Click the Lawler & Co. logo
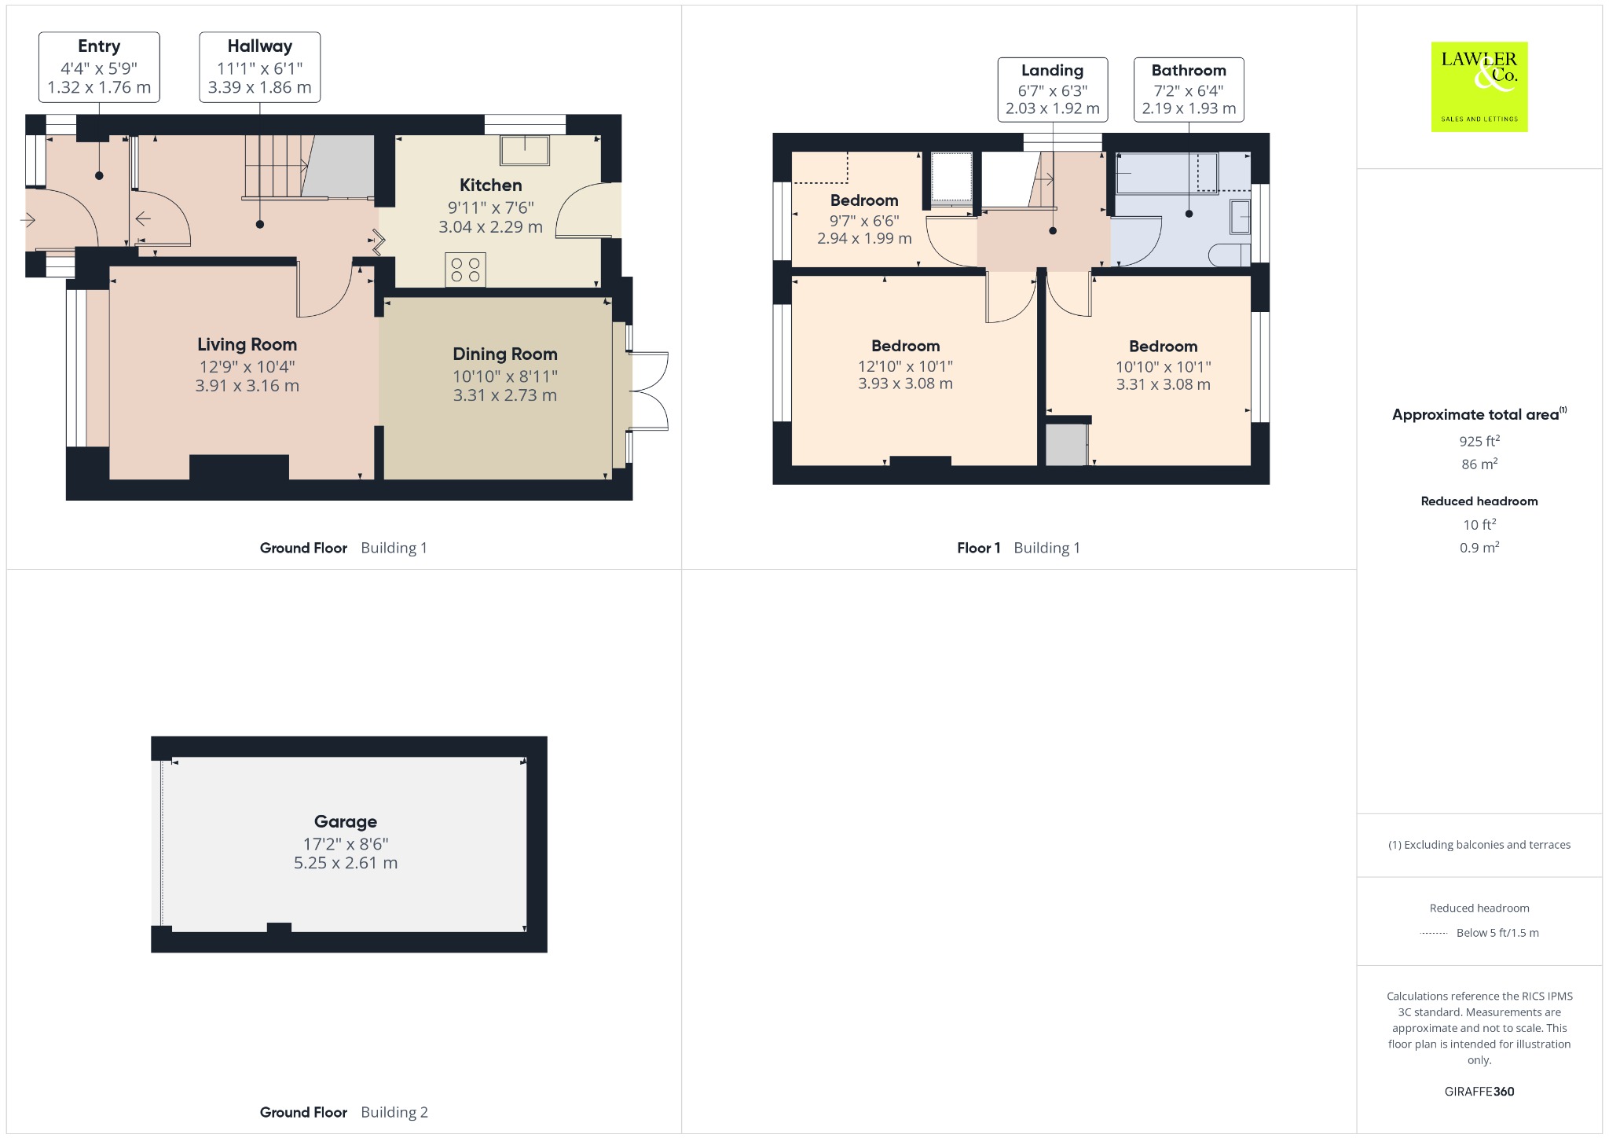[x=1479, y=86]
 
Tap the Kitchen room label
[x=490, y=185]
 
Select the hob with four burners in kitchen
[x=465, y=270]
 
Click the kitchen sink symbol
[x=525, y=150]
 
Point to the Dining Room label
[x=505, y=354]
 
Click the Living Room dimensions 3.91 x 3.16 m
[x=247, y=386]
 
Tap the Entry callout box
[x=99, y=67]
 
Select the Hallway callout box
[x=260, y=67]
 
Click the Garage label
[x=346, y=822]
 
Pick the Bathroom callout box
[x=1189, y=90]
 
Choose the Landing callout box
[x=1053, y=90]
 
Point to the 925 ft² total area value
[x=1479, y=441]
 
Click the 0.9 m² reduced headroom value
[x=1479, y=547]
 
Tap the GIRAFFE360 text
[x=1479, y=1092]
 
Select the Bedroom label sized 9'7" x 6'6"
[x=864, y=200]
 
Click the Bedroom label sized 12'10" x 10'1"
[x=905, y=346]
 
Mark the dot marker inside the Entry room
[x=99, y=175]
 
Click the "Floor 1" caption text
[x=978, y=549]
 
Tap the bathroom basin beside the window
[x=1240, y=217]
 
